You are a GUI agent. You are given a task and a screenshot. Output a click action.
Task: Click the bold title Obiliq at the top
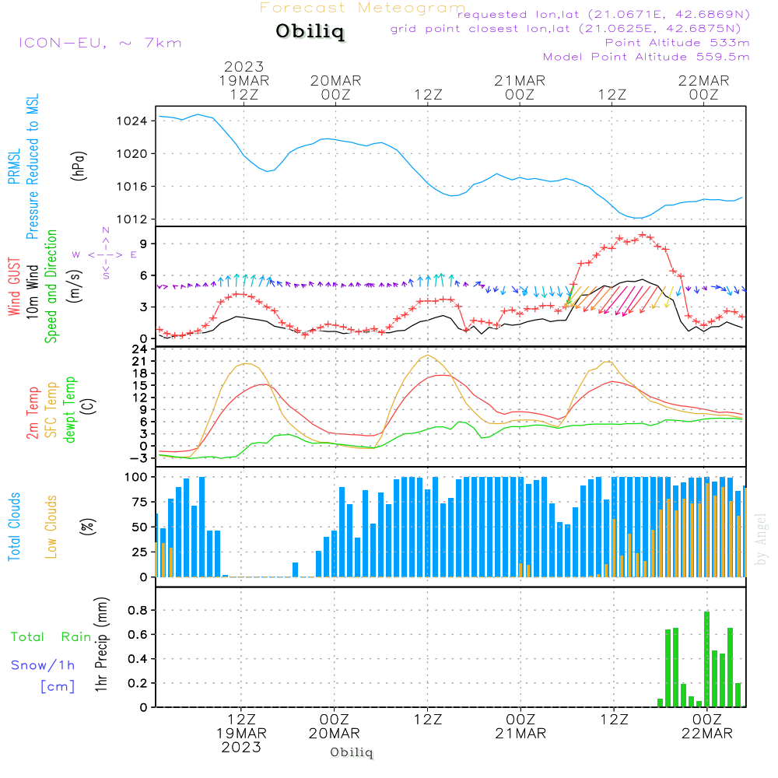[309, 33]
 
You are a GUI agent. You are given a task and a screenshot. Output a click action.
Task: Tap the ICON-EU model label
[100, 43]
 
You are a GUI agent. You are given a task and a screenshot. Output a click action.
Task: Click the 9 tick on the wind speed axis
[144, 244]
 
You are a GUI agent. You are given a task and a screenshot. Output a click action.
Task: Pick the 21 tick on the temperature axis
[141, 361]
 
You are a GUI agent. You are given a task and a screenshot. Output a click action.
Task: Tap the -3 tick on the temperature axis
[141, 457]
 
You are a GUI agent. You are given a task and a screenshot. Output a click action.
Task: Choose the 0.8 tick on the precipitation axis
[138, 610]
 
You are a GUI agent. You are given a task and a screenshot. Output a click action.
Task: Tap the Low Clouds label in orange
[51, 525]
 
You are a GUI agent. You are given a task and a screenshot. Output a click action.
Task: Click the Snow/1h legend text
[43, 665]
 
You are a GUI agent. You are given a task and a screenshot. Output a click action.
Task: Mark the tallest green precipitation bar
[706, 658]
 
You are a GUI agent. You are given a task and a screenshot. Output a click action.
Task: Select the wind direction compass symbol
[106, 254]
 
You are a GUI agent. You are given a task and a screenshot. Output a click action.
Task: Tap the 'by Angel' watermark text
[761, 538]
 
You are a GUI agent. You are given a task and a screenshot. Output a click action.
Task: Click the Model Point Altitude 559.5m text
[646, 57]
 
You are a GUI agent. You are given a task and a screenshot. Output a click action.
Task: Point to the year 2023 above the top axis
[244, 67]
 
